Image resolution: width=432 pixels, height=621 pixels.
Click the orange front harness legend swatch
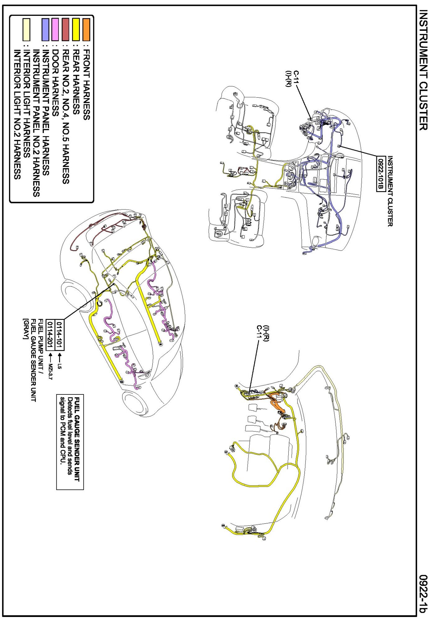click(86, 30)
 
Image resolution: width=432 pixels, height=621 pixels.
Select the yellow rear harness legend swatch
click(76, 30)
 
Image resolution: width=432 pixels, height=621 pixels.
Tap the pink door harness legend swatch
click(55, 30)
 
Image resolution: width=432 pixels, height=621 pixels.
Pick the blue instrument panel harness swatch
click(45, 30)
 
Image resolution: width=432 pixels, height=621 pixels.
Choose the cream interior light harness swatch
click(26, 30)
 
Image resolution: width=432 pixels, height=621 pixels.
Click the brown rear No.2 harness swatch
click(65, 30)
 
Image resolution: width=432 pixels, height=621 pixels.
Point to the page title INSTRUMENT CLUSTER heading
click(423, 70)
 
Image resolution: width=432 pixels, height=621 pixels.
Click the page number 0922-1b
click(423, 593)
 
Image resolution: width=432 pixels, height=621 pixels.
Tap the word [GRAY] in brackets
click(26, 329)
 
